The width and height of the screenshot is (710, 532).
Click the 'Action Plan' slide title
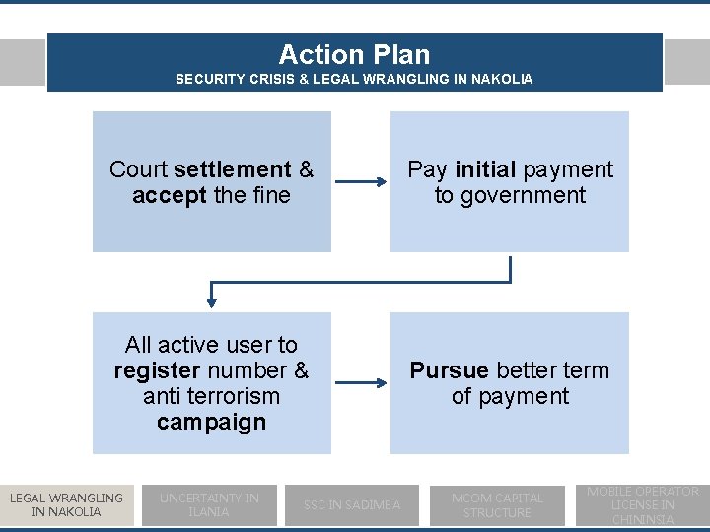[354, 54]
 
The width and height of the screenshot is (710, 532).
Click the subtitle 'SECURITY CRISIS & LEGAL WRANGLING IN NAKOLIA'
[354, 79]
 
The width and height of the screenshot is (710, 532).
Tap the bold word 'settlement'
[246, 169]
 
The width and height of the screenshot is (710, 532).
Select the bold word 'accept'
[170, 195]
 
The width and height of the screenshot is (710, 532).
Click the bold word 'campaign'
[211, 422]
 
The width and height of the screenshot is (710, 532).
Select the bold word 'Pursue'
[449, 370]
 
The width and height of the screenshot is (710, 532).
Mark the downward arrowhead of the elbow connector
[211, 299]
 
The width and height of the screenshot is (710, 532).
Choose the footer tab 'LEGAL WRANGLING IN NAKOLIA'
[66, 504]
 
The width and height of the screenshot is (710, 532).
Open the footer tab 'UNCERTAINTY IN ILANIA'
[209, 504]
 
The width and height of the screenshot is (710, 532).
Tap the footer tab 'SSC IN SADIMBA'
[352, 504]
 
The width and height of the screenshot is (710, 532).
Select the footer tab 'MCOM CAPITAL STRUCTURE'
[497, 504]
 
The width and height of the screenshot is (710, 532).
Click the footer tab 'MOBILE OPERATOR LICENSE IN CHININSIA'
[643, 504]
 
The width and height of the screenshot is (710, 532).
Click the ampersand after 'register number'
[301, 370]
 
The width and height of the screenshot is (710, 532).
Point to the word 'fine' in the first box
[271, 195]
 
